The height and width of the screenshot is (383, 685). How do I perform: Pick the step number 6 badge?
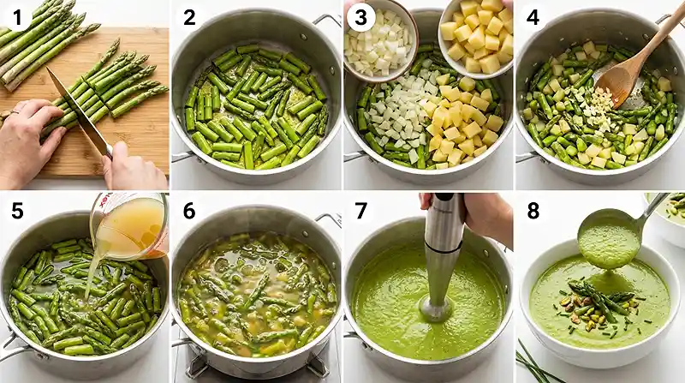pyautogui.click(x=189, y=210)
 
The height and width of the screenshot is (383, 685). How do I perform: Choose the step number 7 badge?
pyautogui.click(x=360, y=210)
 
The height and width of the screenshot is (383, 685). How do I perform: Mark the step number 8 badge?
pyautogui.click(x=532, y=210)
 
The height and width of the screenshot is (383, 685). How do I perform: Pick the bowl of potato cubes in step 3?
pyautogui.click(x=476, y=36)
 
